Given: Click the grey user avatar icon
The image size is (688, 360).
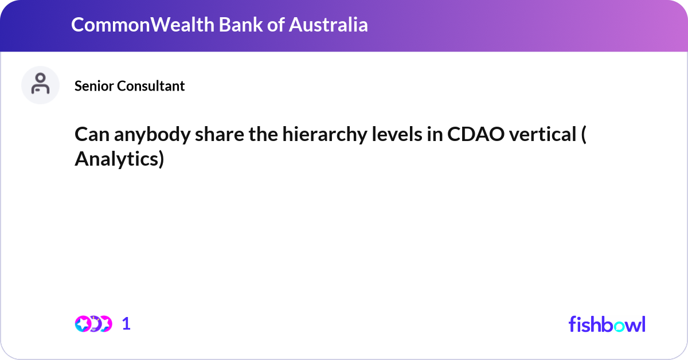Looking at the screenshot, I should pyautogui.click(x=40, y=85).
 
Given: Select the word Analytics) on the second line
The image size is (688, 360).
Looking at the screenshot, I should pyautogui.click(x=119, y=160).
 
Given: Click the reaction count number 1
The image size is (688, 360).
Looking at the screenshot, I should pyautogui.click(x=126, y=324).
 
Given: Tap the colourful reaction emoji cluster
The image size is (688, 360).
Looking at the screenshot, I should pyautogui.click(x=93, y=324).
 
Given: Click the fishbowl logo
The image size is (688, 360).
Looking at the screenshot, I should pyautogui.click(x=607, y=324).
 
